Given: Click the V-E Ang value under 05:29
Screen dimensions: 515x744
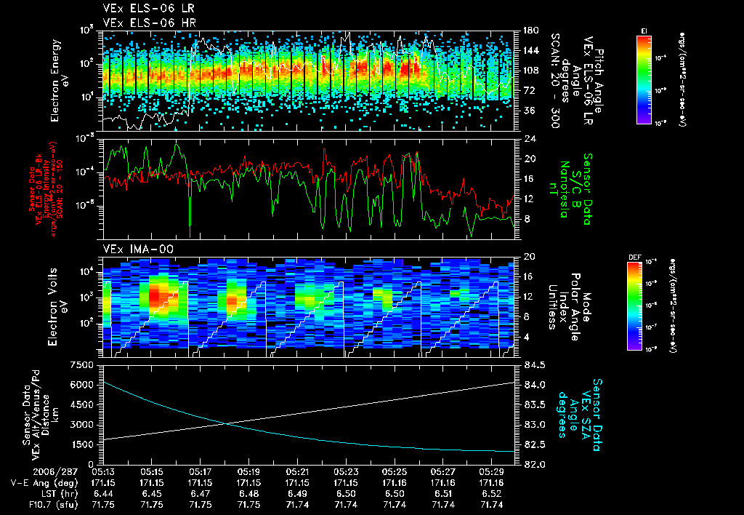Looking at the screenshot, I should [491, 482].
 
